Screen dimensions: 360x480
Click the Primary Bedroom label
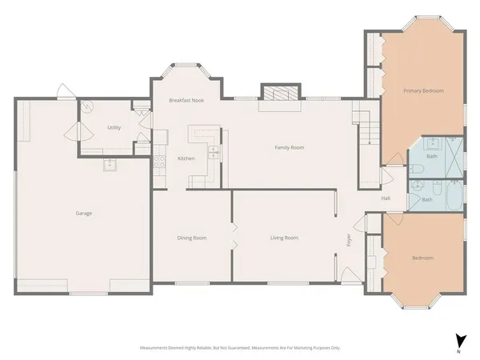[x=422, y=91]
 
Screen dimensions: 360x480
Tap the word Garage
[x=83, y=214]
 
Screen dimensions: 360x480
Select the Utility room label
[x=114, y=128]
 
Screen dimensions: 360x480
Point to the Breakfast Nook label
[x=186, y=101]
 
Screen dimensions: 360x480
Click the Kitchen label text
[x=186, y=158]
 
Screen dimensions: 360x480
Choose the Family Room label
[x=289, y=147]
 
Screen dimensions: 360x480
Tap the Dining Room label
[x=192, y=238]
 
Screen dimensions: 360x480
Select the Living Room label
[x=284, y=238]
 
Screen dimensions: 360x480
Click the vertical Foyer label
[x=349, y=239]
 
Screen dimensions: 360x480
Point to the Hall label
[x=386, y=198]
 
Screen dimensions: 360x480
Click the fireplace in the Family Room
[x=280, y=93]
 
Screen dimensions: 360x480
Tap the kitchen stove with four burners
[x=159, y=159]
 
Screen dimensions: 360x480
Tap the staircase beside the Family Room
[x=366, y=128]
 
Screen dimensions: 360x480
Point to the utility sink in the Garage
[x=109, y=166]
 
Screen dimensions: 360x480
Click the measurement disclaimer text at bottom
[x=240, y=349]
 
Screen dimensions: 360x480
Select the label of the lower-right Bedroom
[x=422, y=258]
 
